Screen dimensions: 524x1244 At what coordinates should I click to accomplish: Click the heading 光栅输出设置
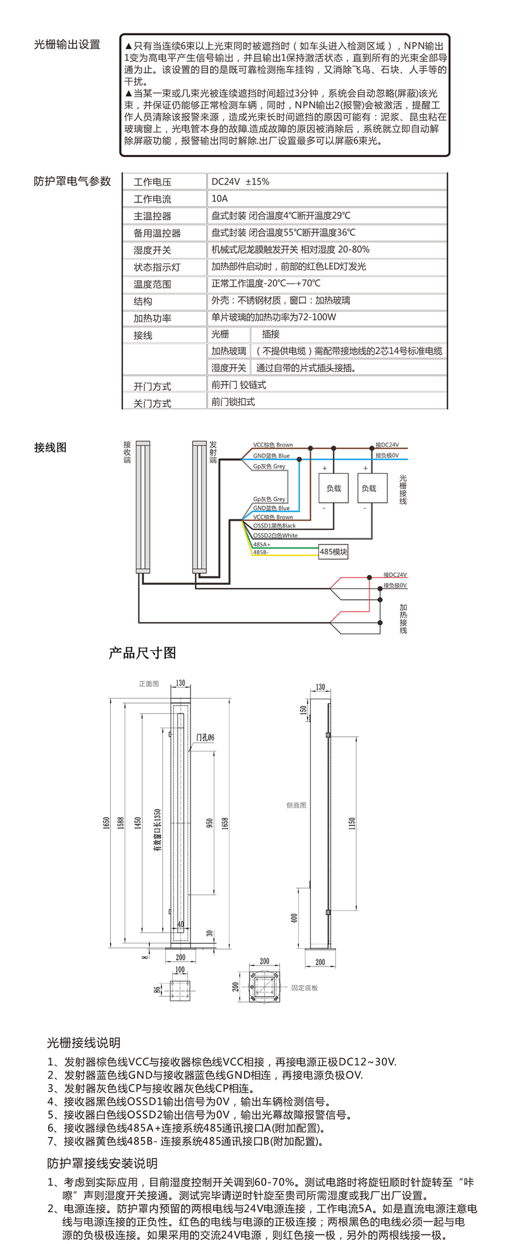coord(66,44)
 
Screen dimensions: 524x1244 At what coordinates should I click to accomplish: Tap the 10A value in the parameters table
coord(220,198)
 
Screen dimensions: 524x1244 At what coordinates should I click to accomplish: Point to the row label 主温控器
coord(152,216)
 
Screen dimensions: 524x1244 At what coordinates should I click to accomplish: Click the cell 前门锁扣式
coord(233,402)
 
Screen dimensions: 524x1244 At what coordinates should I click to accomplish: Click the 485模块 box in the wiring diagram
coord(333,551)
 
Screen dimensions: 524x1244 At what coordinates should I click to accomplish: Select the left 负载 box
coord(334,488)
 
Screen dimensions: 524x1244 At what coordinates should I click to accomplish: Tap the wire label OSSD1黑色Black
coord(274,525)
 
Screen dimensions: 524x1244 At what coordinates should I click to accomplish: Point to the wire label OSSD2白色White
coord(275,535)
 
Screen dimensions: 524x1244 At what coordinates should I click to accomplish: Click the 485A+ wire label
coord(262,544)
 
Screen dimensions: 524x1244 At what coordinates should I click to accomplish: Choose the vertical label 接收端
coord(127,452)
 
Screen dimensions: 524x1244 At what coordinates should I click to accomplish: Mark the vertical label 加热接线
coord(403,619)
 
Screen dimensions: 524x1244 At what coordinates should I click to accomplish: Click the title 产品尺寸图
coord(143,653)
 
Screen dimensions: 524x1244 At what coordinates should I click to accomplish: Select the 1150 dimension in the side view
coord(352,823)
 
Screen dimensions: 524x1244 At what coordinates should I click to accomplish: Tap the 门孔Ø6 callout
coord(205,738)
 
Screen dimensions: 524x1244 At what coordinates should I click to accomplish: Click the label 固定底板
coord(305,988)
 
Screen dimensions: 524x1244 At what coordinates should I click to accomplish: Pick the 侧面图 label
coord(296,805)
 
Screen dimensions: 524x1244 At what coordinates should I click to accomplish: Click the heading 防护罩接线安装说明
coord(102,1163)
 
